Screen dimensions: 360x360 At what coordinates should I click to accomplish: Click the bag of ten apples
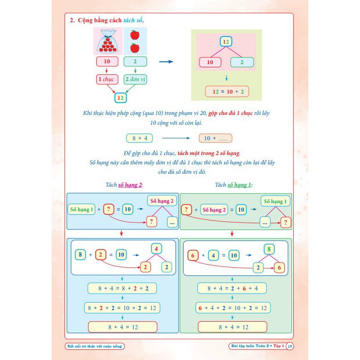coord(107,41)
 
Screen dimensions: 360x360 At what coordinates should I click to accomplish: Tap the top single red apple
coord(135,34)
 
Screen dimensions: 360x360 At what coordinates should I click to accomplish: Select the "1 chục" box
coord(107,80)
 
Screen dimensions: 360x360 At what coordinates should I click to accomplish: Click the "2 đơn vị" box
coord(136,80)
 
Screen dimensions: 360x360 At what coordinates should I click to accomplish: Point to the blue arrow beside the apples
coord(166,61)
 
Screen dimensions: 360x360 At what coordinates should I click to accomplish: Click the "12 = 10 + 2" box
coord(227,91)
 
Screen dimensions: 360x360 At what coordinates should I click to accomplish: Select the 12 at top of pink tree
coord(226,41)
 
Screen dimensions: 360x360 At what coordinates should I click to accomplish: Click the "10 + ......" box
coord(216,138)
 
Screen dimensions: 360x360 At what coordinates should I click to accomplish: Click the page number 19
coord(290,346)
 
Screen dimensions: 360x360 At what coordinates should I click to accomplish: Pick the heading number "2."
coord(73,20)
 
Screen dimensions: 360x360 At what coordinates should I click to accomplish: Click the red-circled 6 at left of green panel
coord(193,255)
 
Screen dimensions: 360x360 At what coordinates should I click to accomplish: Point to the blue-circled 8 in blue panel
coord(80,255)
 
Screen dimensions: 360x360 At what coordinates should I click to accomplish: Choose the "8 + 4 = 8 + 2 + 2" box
coord(123,288)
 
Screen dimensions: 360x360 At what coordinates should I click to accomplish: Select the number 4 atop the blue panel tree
coord(156,248)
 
